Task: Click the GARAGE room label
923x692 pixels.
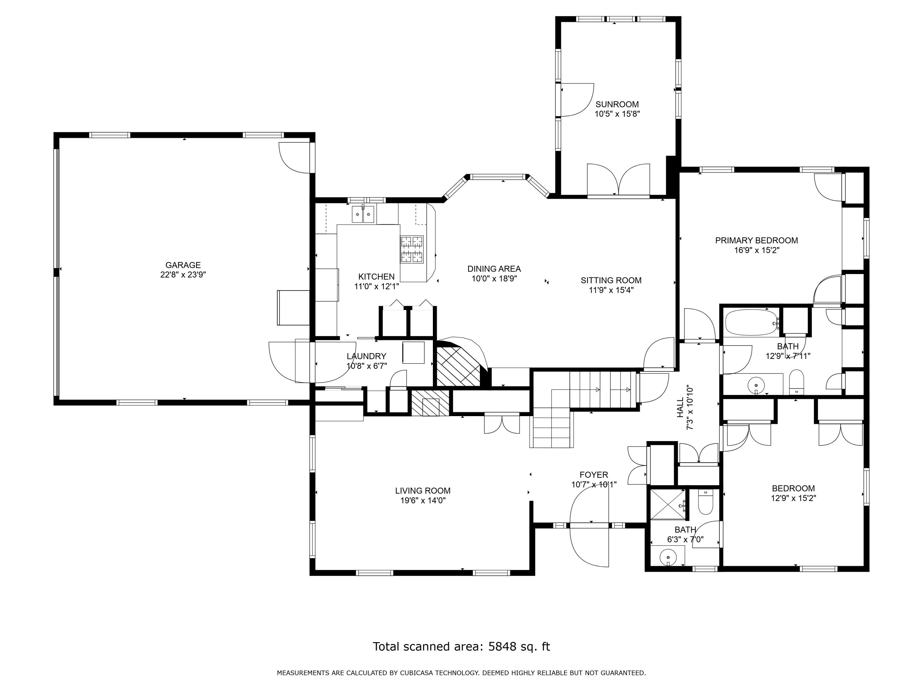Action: click(183, 265)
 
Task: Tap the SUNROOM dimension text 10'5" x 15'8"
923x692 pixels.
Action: click(617, 114)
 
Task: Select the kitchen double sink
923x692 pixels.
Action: click(363, 214)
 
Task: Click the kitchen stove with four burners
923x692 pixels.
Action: click(412, 249)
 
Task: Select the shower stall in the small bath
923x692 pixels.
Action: click(668, 504)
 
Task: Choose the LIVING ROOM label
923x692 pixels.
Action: click(423, 491)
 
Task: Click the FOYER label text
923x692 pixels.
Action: click(593, 475)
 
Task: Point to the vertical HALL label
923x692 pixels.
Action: click(680, 408)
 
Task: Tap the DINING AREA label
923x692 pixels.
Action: click(494, 269)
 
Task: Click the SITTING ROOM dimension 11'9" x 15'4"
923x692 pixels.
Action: click(611, 290)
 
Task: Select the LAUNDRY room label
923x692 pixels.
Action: click(366, 356)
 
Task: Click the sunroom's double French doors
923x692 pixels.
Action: click(618, 181)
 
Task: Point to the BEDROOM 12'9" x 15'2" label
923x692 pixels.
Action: click(793, 488)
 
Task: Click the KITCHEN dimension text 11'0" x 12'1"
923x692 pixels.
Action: click(376, 287)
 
